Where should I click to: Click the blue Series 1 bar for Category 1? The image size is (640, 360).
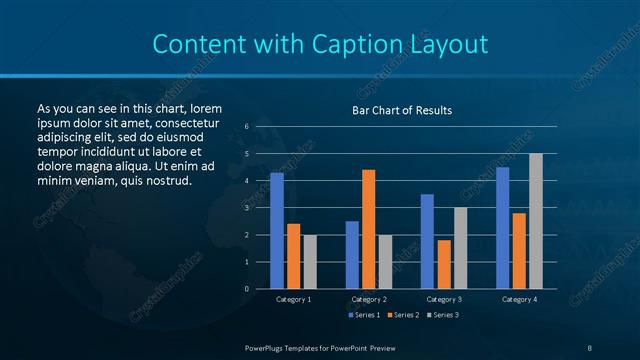(277, 231)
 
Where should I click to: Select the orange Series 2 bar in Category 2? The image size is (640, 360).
(368, 229)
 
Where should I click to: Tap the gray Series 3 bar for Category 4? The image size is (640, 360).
(535, 221)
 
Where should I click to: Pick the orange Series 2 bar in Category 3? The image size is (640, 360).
(443, 264)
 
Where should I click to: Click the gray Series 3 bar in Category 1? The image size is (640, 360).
(309, 262)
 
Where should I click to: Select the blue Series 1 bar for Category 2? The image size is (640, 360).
(352, 255)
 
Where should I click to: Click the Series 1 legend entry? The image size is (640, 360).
(364, 316)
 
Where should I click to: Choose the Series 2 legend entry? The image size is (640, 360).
(403, 316)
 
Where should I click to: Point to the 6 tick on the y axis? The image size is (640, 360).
(247, 127)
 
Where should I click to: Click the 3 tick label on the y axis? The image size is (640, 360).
(247, 208)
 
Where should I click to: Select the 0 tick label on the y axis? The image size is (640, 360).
(247, 289)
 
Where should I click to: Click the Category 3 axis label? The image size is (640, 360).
(443, 299)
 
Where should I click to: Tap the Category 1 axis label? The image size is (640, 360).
(293, 299)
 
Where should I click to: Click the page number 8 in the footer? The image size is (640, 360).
(589, 347)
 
